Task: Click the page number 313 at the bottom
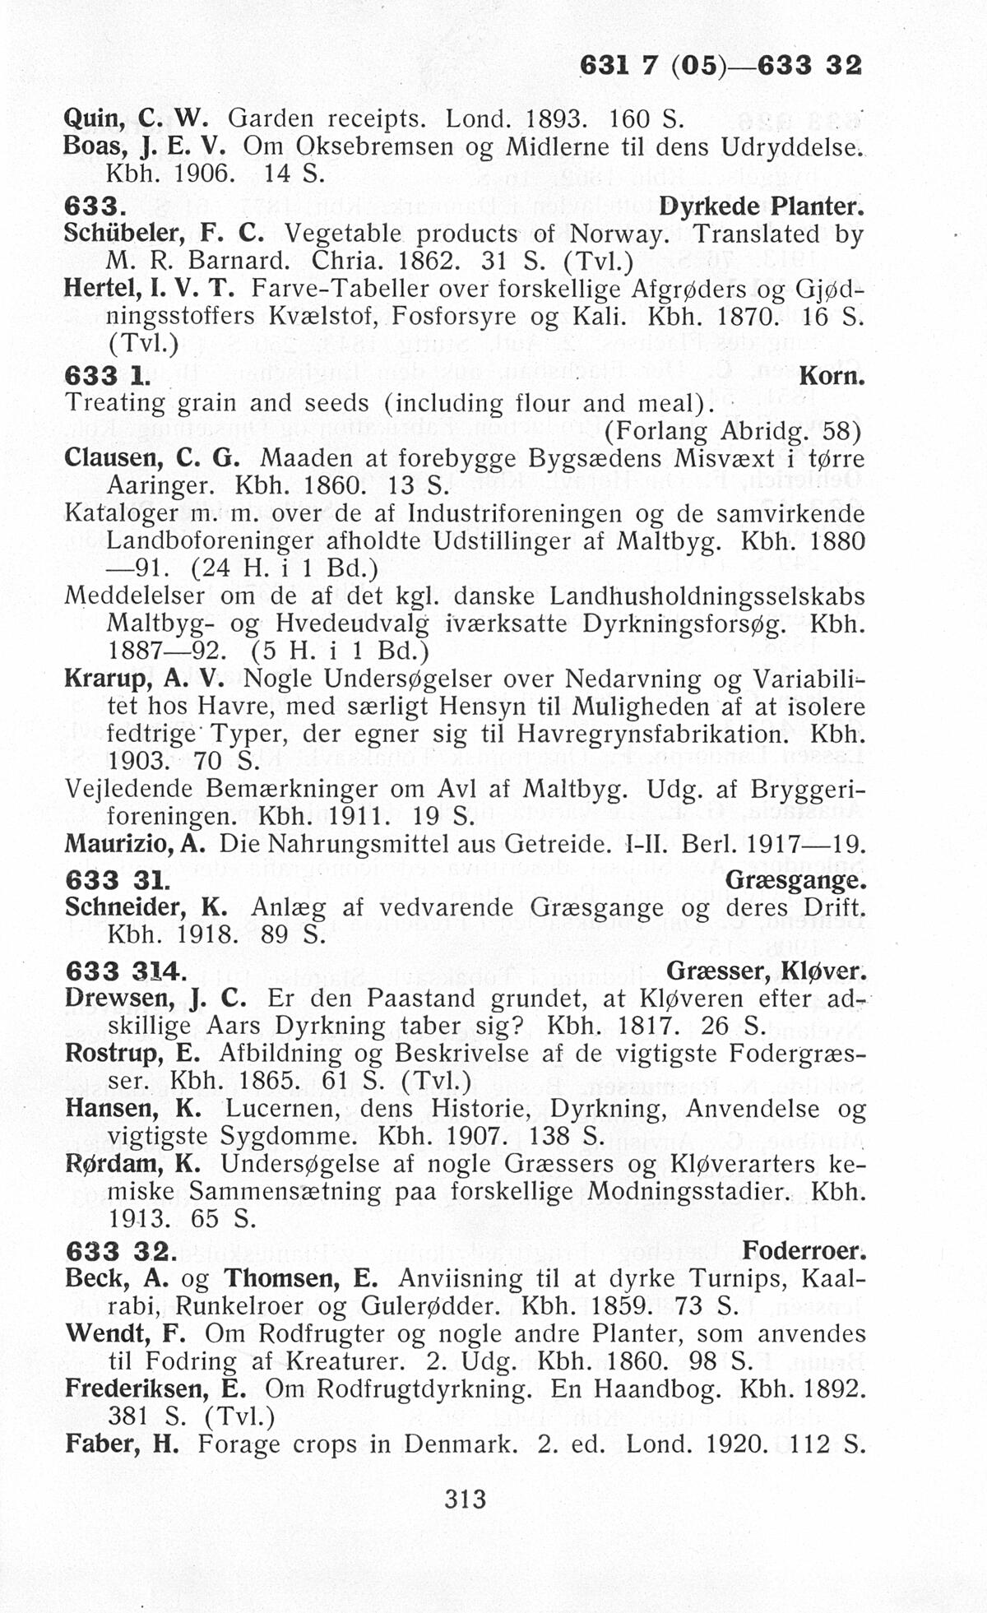coord(466,1500)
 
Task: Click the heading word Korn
coord(832,378)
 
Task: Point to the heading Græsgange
coord(795,881)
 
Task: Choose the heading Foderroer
coord(804,1252)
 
